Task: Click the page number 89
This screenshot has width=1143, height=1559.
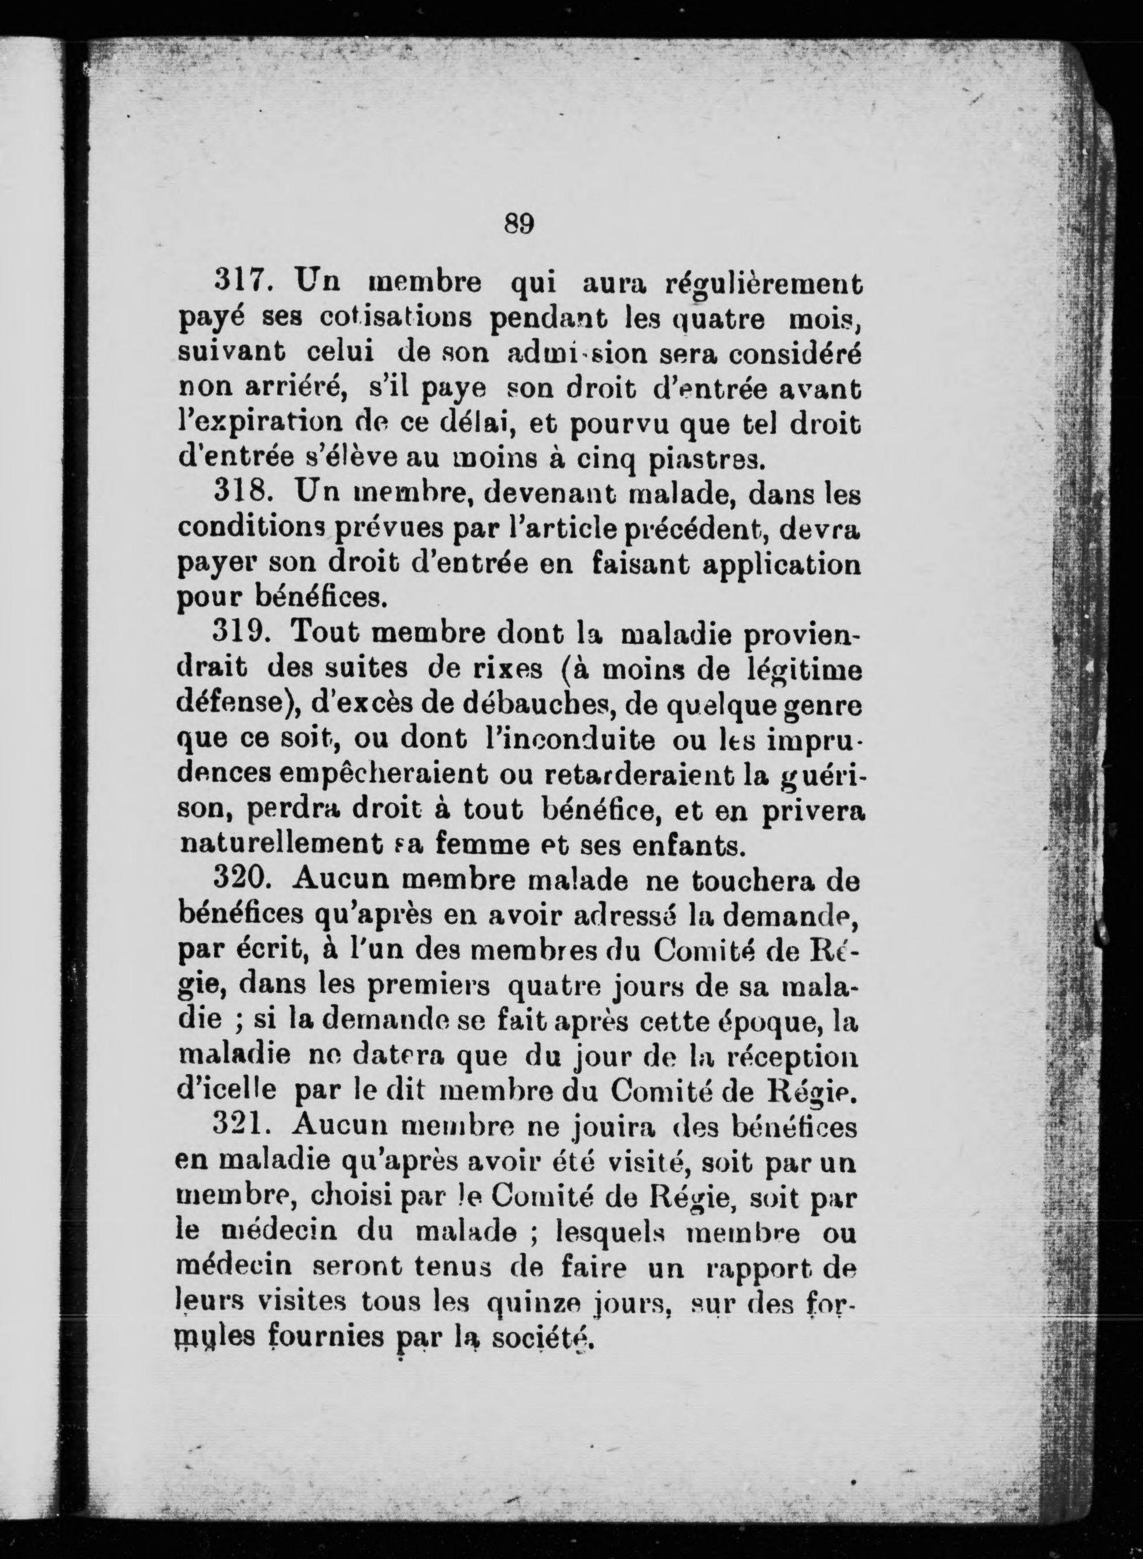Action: click(520, 223)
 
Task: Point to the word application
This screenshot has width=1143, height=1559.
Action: click(782, 566)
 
